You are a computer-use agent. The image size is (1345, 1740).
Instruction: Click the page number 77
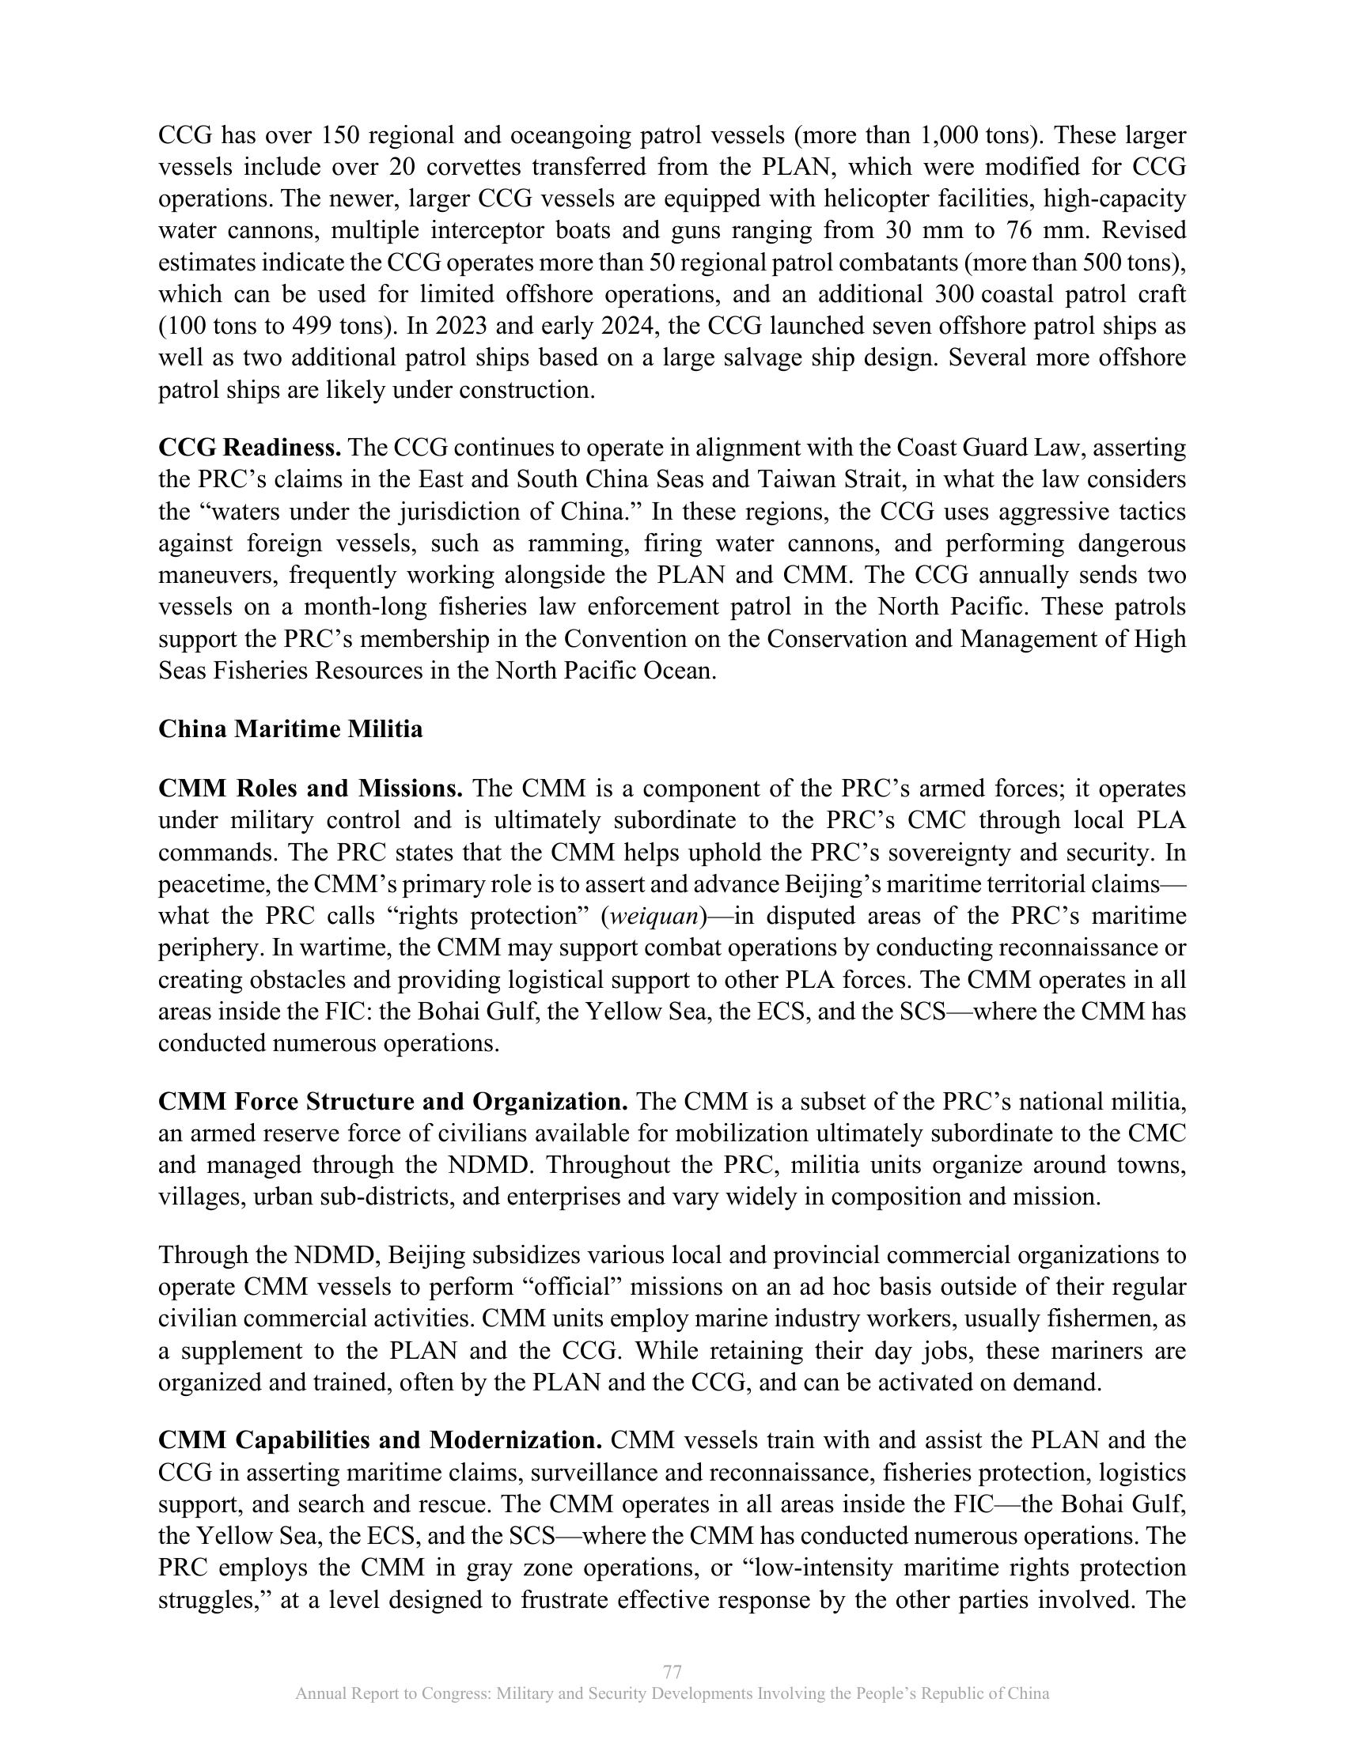click(x=672, y=1670)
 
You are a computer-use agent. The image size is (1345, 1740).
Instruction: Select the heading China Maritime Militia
click(x=290, y=729)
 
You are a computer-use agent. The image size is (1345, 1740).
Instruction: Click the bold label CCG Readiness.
click(x=249, y=448)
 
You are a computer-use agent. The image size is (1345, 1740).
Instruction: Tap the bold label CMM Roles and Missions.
click(x=310, y=789)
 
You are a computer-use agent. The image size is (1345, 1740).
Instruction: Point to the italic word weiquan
click(x=654, y=916)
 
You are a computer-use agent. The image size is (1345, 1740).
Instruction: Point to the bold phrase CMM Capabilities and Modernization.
click(x=380, y=1440)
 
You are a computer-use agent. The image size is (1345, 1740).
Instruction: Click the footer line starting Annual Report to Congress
click(x=672, y=1694)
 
